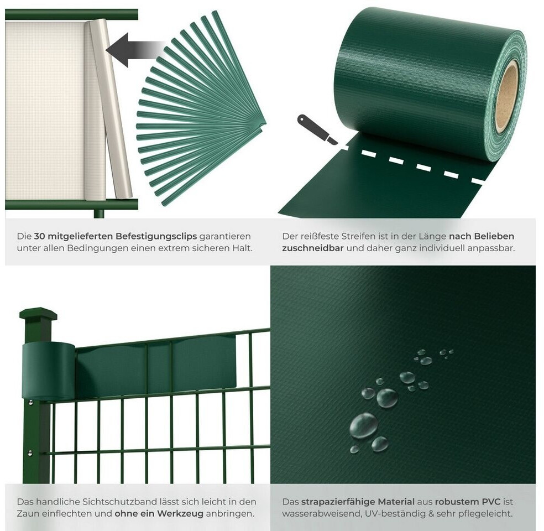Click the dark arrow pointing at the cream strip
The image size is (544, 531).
pyautogui.click(x=134, y=50)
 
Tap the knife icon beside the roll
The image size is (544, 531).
pyautogui.click(x=317, y=129)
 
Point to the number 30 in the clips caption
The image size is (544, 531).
pyautogui.click(x=39, y=236)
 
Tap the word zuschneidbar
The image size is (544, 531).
pyautogui.click(x=312, y=248)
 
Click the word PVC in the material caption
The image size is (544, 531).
pyautogui.click(x=491, y=502)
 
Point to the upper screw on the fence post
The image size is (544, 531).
pyautogui.click(x=31, y=402)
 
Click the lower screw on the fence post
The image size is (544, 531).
pyautogui.click(x=30, y=452)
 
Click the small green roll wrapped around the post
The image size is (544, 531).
pyautogui.click(x=49, y=371)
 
